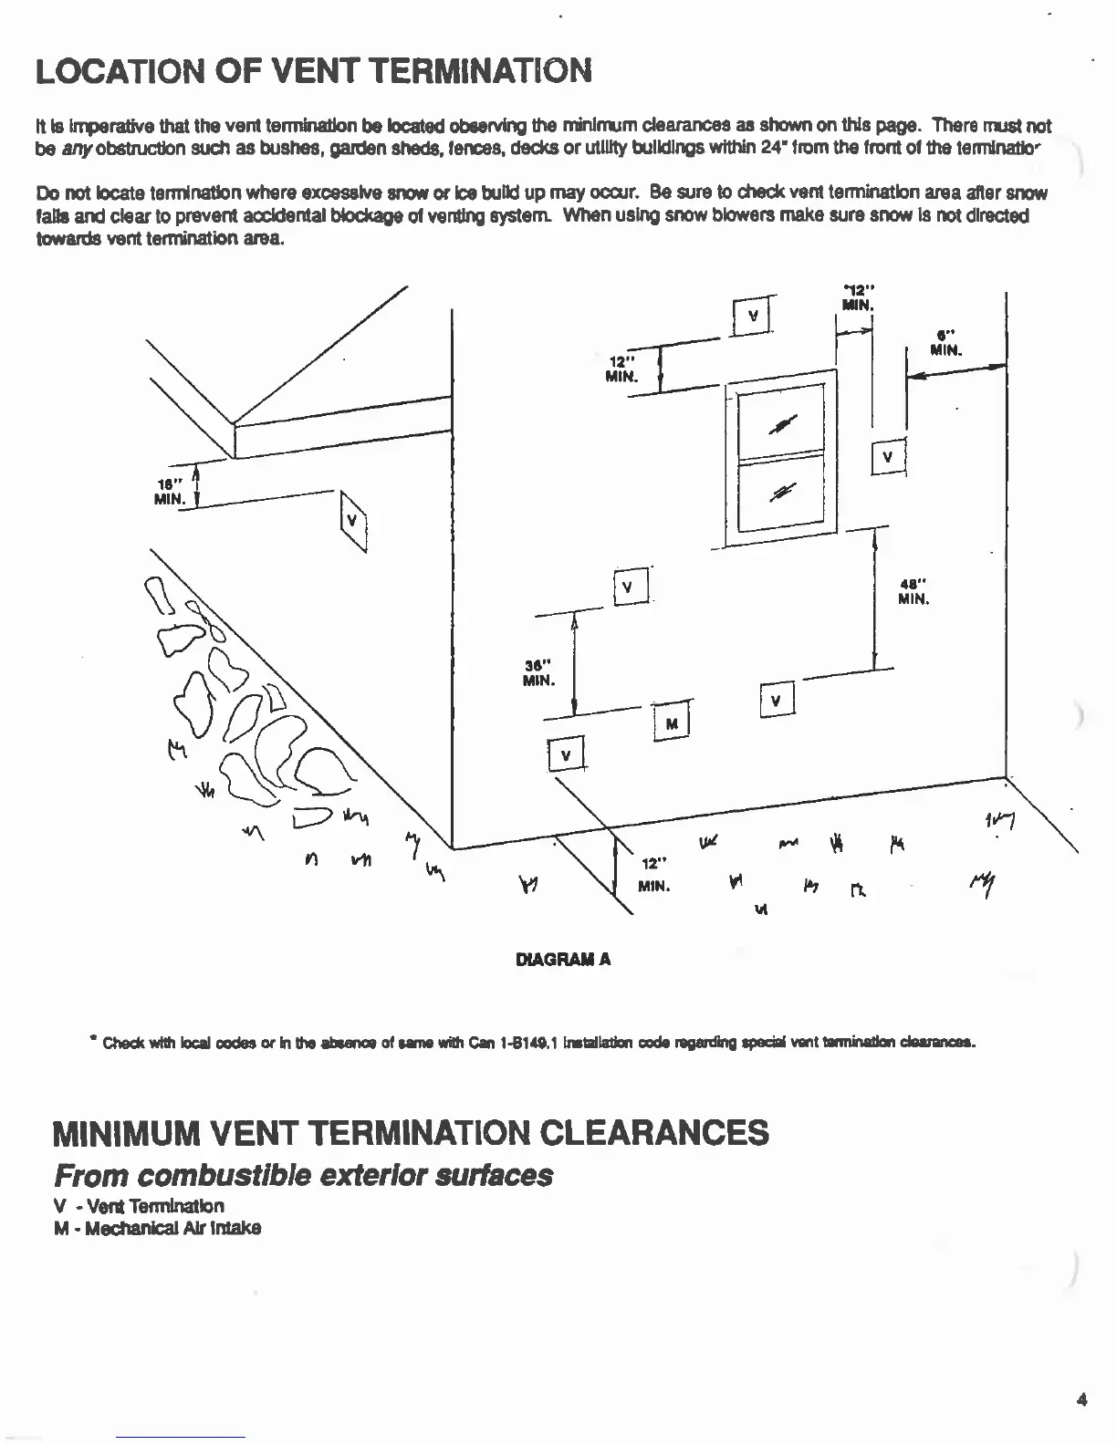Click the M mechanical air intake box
click(x=672, y=724)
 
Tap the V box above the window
click(x=753, y=317)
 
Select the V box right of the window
click(x=887, y=458)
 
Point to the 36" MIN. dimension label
click(x=536, y=672)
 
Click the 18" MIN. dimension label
click(x=172, y=491)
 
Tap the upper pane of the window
click(x=780, y=424)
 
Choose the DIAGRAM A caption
click(x=563, y=960)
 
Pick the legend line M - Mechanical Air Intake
click(x=157, y=1228)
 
